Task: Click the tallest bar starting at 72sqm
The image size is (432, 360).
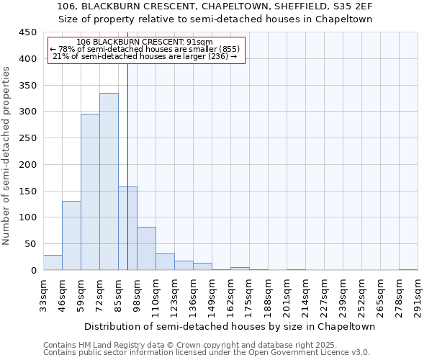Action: click(109, 181)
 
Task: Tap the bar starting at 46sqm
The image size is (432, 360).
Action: click(71, 235)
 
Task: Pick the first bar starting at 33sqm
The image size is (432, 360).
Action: click(53, 263)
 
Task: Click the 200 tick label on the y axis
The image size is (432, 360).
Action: click(29, 165)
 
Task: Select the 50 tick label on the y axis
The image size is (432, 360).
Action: click(31, 244)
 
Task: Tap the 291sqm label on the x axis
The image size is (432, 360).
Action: click(418, 296)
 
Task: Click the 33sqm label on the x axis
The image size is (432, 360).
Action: click(43, 296)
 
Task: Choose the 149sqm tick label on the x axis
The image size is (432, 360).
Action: click(212, 296)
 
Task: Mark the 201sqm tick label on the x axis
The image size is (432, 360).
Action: click(287, 296)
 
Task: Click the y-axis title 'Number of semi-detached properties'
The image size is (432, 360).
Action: click(7, 156)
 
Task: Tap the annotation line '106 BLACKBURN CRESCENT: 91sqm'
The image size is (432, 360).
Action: click(144, 42)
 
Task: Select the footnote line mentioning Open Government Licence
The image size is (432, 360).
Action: click(207, 352)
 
